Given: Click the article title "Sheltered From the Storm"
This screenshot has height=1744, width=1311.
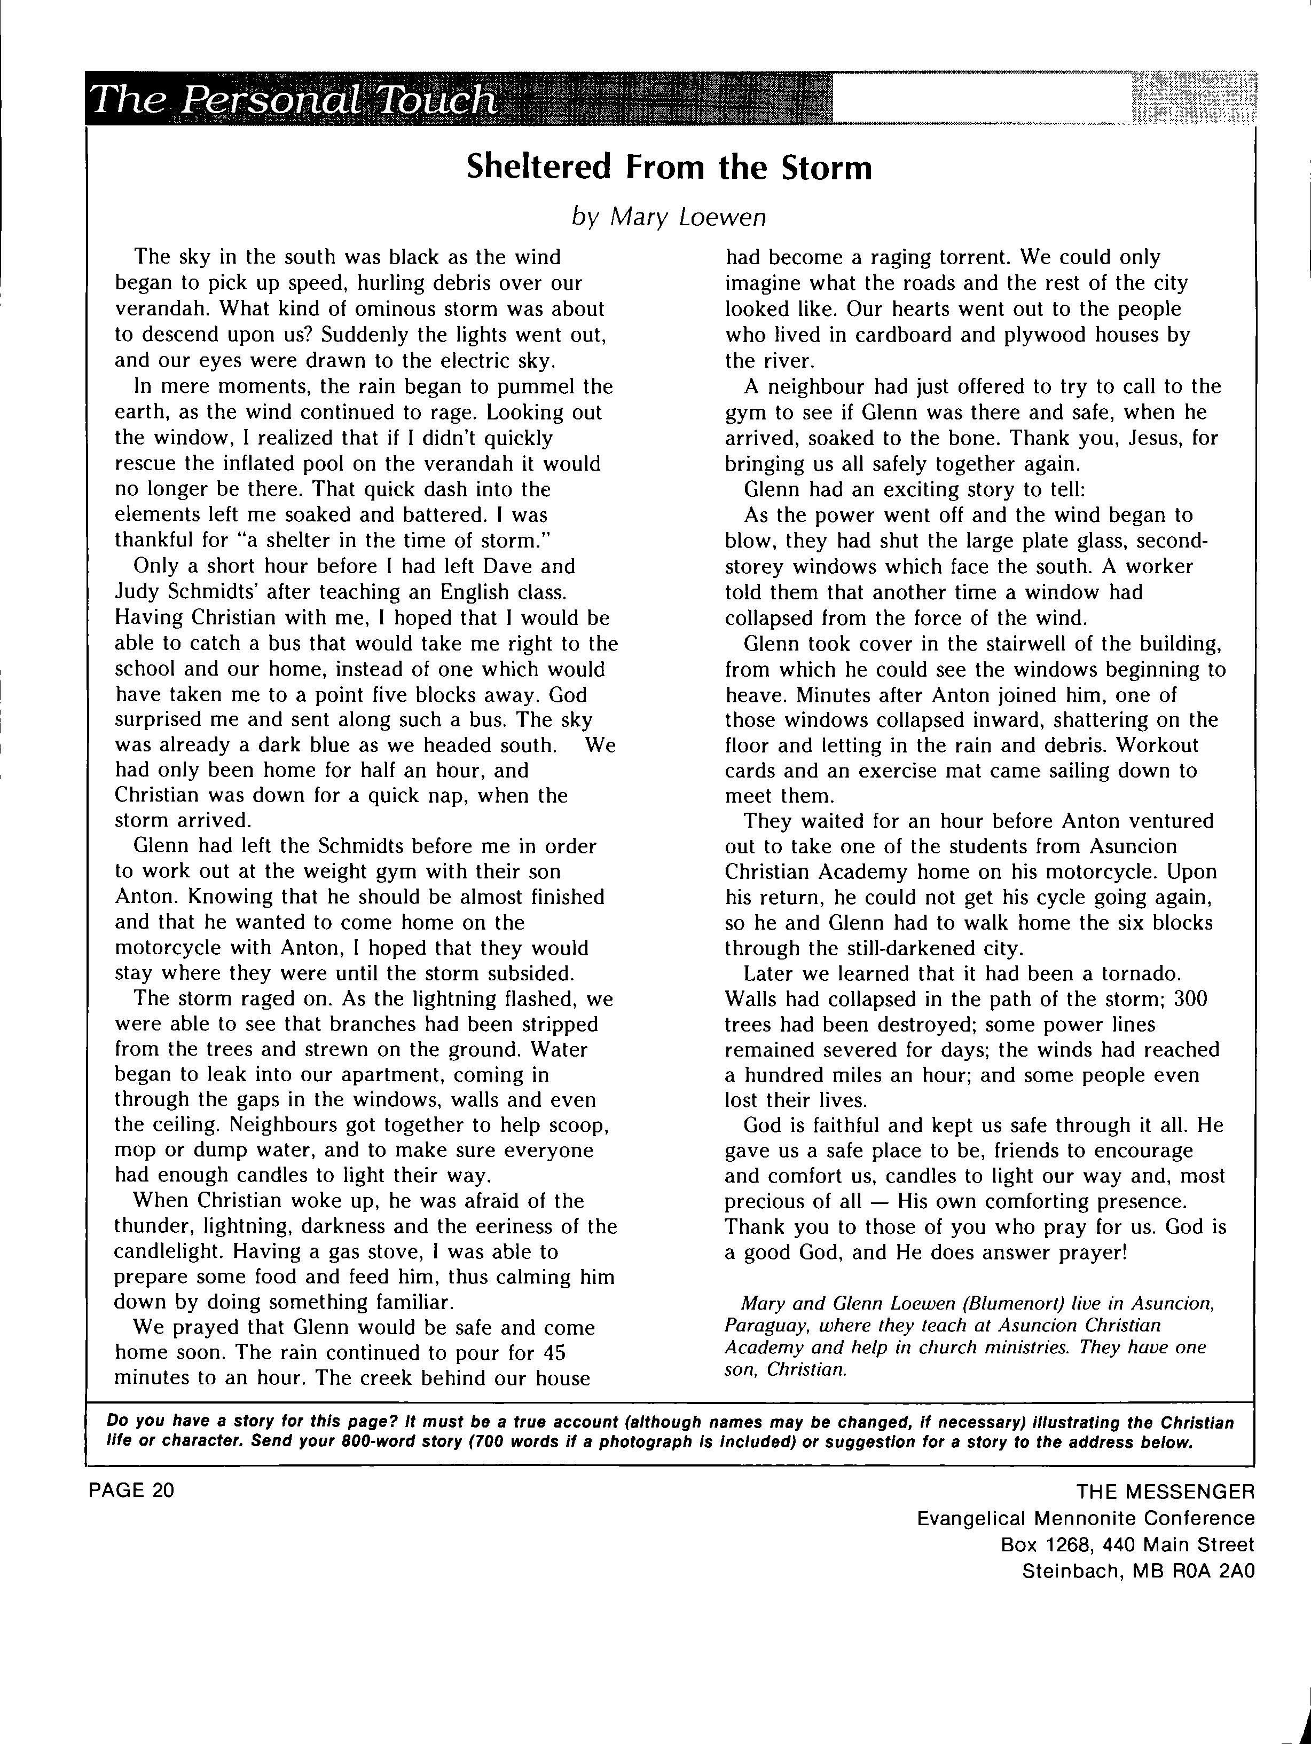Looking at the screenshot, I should [669, 167].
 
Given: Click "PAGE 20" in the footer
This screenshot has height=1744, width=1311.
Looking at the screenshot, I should [131, 1490].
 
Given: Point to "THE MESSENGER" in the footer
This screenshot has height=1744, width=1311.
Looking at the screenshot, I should [1165, 1491].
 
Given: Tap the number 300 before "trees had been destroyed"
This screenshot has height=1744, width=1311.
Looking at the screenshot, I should [1191, 999].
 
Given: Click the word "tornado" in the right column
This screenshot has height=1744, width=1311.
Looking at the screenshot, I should [1139, 974].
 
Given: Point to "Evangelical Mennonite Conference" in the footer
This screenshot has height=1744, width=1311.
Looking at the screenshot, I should [1086, 1518].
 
